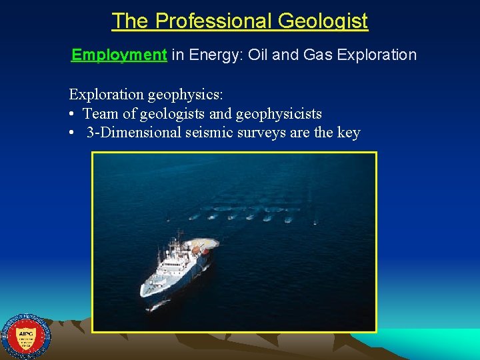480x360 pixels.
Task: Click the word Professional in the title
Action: [213, 21]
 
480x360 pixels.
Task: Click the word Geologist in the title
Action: [323, 21]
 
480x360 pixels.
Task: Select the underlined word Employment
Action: [119, 55]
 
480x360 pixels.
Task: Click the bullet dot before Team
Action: [71, 114]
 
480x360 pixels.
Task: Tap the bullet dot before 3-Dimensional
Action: [71, 133]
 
